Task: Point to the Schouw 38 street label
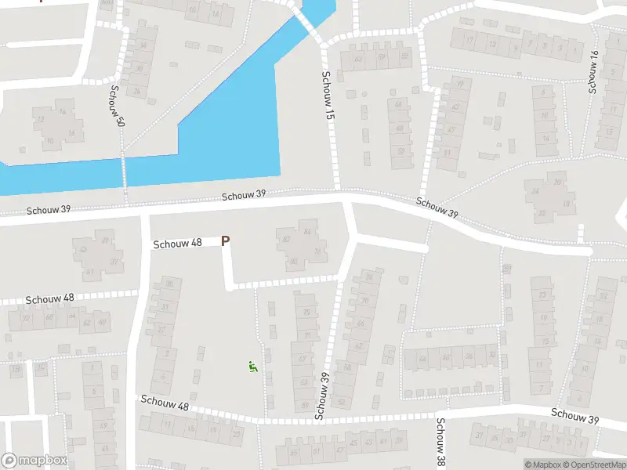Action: click(x=440, y=439)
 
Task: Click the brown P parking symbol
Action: click(x=226, y=241)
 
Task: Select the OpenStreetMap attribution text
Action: click(x=593, y=465)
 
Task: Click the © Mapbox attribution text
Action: click(x=542, y=465)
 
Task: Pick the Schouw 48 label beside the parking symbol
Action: click(x=178, y=243)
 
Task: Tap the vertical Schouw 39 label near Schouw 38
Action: click(x=321, y=396)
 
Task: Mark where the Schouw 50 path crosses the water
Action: click(x=124, y=172)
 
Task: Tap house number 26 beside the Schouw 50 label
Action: click(x=136, y=92)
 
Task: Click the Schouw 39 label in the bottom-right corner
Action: click(x=574, y=416)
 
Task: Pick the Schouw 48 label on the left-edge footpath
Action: click(x=50, y=298)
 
